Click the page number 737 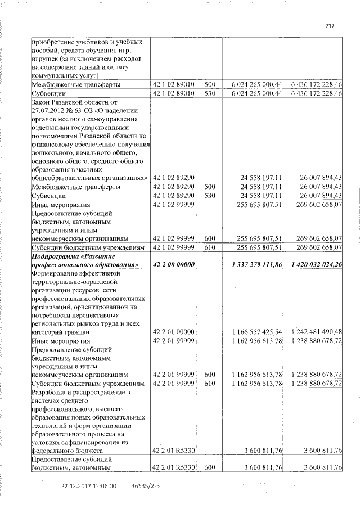pyautogui.click(x=330, y=25)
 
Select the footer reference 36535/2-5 pyautogui.click(x=145, y=485)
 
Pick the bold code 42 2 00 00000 pyautogui.click(x=174, y=264)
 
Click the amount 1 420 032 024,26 pyautogui.click(x=312, y=264)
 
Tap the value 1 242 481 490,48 pyautogui.click(x=313, y=332)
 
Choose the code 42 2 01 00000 pyautogui.click(x=174, y=332)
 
